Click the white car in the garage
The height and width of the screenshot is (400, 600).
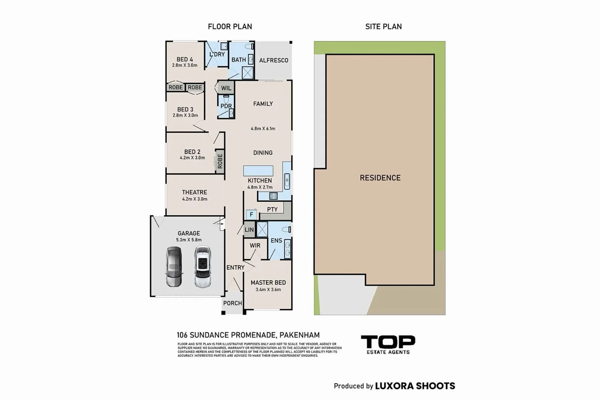203,267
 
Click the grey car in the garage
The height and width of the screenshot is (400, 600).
174,267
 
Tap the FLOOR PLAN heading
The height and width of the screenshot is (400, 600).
230,27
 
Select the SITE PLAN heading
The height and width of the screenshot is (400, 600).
383,27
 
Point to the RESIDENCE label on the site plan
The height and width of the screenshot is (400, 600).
380,178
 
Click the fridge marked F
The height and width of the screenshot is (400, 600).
251,214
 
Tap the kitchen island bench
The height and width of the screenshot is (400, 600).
258,171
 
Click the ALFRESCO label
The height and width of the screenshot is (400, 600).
274,60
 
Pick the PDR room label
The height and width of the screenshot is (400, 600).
226,106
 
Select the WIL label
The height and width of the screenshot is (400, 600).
226,88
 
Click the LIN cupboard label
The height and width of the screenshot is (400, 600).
249,230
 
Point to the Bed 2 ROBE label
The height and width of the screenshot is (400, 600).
220,161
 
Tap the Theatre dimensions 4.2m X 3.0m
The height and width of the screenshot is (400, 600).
194,199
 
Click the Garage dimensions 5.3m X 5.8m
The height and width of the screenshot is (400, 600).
189,240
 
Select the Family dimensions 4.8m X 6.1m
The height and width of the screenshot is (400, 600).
263,129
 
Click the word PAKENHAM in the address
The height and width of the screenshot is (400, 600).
299,335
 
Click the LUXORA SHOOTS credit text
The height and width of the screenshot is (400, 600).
415,386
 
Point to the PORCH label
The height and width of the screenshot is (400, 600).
232,303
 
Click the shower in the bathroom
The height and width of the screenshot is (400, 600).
248,73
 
